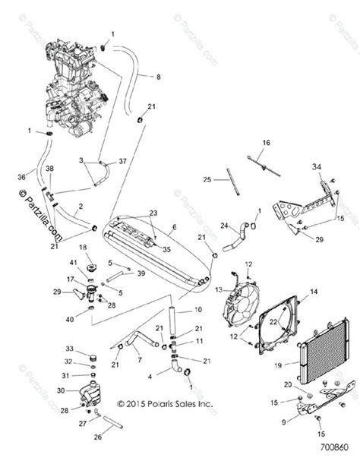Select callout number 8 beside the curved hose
pos(158,77)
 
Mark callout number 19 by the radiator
pos(279,365)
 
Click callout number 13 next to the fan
pos(220,289)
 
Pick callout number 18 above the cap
pos(84,248)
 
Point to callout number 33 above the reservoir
pos(70,349)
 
